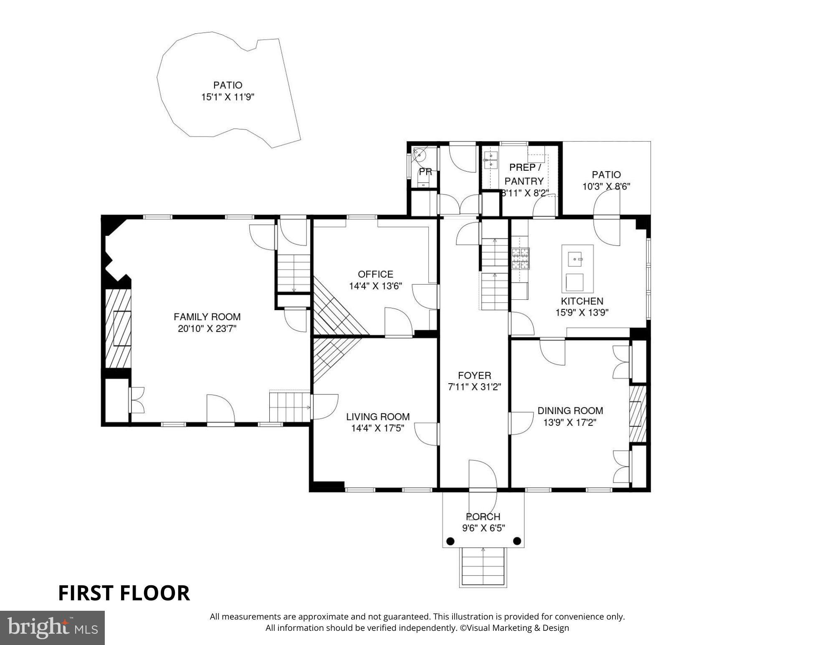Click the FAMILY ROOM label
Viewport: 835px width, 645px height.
(x=207, y=317)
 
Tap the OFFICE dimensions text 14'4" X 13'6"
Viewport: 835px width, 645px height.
(x=375, y=286)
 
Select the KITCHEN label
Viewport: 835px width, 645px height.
(x=582, y=301)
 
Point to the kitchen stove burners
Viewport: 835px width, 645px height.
(x=520, y=258)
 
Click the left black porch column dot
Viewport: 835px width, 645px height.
(x=450, y=541)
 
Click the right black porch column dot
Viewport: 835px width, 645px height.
(x=517, y=541)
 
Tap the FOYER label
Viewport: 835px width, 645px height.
(x=474, y=375)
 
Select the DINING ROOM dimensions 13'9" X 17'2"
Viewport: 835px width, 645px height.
(x=569, y=422)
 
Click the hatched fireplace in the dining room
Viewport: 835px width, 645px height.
(x=637, y=414)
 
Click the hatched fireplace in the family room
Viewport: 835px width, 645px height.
(x=118, y=329)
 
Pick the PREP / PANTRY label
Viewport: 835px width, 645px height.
(x=524, y=174)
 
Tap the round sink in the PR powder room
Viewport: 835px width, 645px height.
(x=419, y=155)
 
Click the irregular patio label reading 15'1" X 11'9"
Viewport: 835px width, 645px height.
(x=228, y=97)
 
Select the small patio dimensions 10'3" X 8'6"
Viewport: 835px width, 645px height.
(x=606, y=187)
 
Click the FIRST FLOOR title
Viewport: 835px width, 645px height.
(x=124, y=593)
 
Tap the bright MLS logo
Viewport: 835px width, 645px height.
(x=52, y=627)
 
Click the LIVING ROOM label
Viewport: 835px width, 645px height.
(x=377, y=417)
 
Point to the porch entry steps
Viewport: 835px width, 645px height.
(x=483, y=567)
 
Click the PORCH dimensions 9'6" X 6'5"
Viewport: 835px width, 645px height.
(x=483, y=528)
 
